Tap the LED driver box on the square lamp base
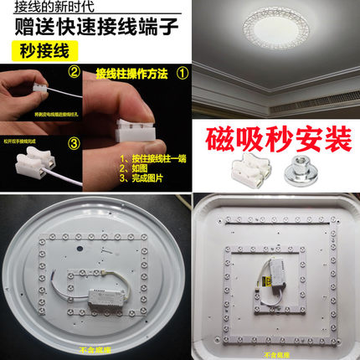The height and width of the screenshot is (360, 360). [276, 289]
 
